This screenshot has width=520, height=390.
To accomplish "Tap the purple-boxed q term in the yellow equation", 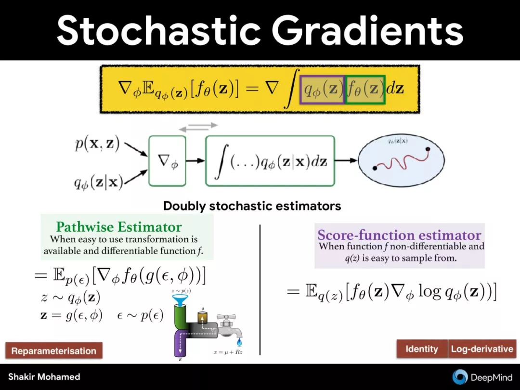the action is [322, 90].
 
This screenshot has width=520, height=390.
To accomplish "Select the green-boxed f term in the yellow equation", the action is [365, 90].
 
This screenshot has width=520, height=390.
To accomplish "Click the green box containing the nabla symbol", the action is [167, 161].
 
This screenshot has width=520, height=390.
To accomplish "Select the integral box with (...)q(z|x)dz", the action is [270, 161].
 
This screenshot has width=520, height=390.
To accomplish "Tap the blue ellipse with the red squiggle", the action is [401, 160].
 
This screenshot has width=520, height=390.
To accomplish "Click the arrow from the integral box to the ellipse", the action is [346, 161].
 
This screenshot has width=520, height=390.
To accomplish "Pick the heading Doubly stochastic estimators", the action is [252, 206].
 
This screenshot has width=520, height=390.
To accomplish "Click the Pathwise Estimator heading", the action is [119, 227].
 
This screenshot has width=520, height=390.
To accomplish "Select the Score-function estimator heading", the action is [399, 235].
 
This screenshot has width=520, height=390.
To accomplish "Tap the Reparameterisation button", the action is [54, 351].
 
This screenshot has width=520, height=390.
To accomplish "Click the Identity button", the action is [422, 349].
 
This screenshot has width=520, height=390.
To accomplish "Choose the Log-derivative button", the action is [482, 349].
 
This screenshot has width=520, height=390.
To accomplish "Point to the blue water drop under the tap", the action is [239, 342].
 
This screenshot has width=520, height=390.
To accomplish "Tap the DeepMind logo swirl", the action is [460, 377].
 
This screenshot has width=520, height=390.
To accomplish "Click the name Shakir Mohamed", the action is [44, 377].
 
